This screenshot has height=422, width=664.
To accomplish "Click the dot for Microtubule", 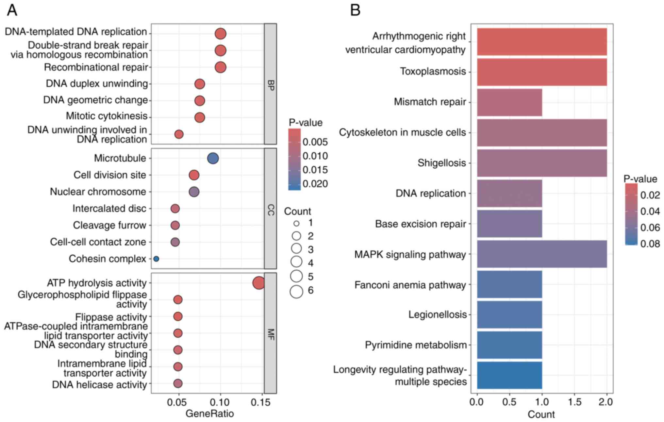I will [213, 159].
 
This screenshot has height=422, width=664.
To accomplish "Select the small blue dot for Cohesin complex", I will [156, 259].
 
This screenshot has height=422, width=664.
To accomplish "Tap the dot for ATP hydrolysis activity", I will [258, 283].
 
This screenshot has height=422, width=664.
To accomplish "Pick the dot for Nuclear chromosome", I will [194, 192].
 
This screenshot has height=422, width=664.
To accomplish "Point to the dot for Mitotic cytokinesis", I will [200, 117].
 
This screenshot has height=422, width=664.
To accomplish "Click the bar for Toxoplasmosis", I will [541, 72].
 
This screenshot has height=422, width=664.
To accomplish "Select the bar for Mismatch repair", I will [509, 102].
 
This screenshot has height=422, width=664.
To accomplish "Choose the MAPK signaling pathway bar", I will [541, 254].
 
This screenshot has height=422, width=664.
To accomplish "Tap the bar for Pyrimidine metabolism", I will [509, 345].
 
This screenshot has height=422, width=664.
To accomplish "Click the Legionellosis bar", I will [509, 315].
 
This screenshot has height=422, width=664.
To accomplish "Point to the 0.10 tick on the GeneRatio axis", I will [221, 402].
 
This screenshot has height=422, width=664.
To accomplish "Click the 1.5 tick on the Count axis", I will [574, 402].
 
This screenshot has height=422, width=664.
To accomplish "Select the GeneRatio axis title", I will [209, 414].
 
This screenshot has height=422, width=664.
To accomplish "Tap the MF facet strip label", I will [271, 334].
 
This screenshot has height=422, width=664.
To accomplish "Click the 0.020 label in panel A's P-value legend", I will [315, 184].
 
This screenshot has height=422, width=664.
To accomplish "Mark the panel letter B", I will [355, 10].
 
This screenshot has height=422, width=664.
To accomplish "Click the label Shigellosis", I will [441, 163].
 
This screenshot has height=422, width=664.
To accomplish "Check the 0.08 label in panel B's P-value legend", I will [650, 244].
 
